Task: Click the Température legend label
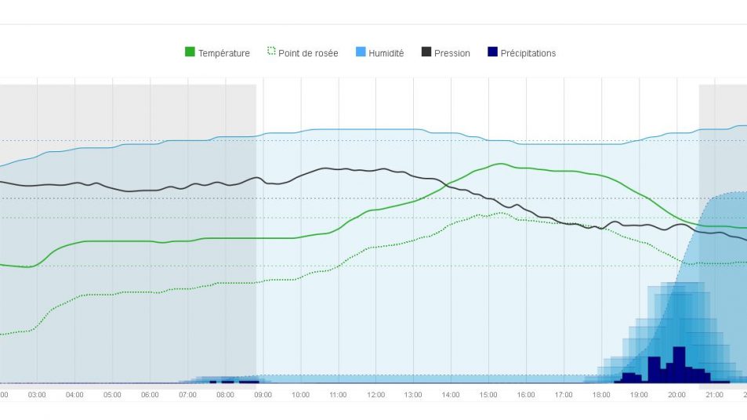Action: pos(224,53)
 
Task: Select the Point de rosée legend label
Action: pos(308,53)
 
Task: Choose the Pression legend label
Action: pos(452,53)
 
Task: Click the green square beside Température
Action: pos(190,52)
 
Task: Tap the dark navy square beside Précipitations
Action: pos(492,52)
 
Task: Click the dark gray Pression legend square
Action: pos(426,52)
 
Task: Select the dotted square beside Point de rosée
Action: pos(271,52)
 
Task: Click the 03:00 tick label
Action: pos(37,395)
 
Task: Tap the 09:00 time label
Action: pos(263,395)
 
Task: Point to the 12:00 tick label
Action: pos(375,395)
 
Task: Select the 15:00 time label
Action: pos(488,395)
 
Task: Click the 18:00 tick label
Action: pos(601,395)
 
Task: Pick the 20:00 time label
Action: pos(676,395)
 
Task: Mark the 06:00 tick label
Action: pos(150,395)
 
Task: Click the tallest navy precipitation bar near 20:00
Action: pos(679,364)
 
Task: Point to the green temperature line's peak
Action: pos(500,164)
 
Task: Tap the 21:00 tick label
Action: pos(714,395)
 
